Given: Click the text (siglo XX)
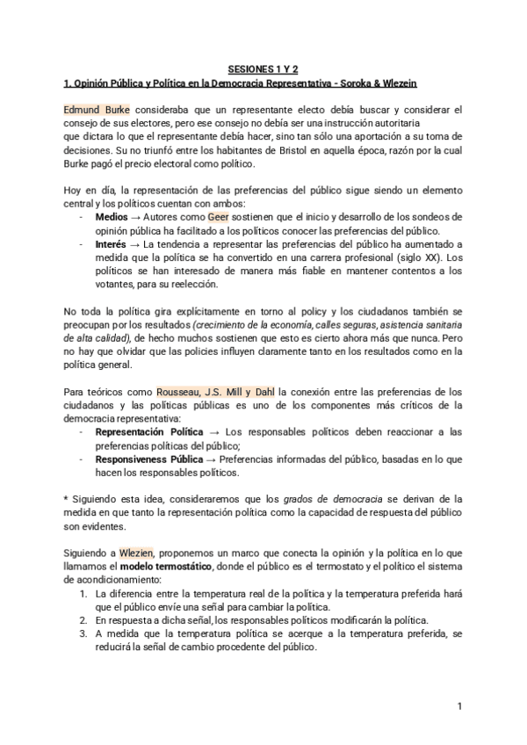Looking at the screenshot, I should [x=421, y=257].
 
